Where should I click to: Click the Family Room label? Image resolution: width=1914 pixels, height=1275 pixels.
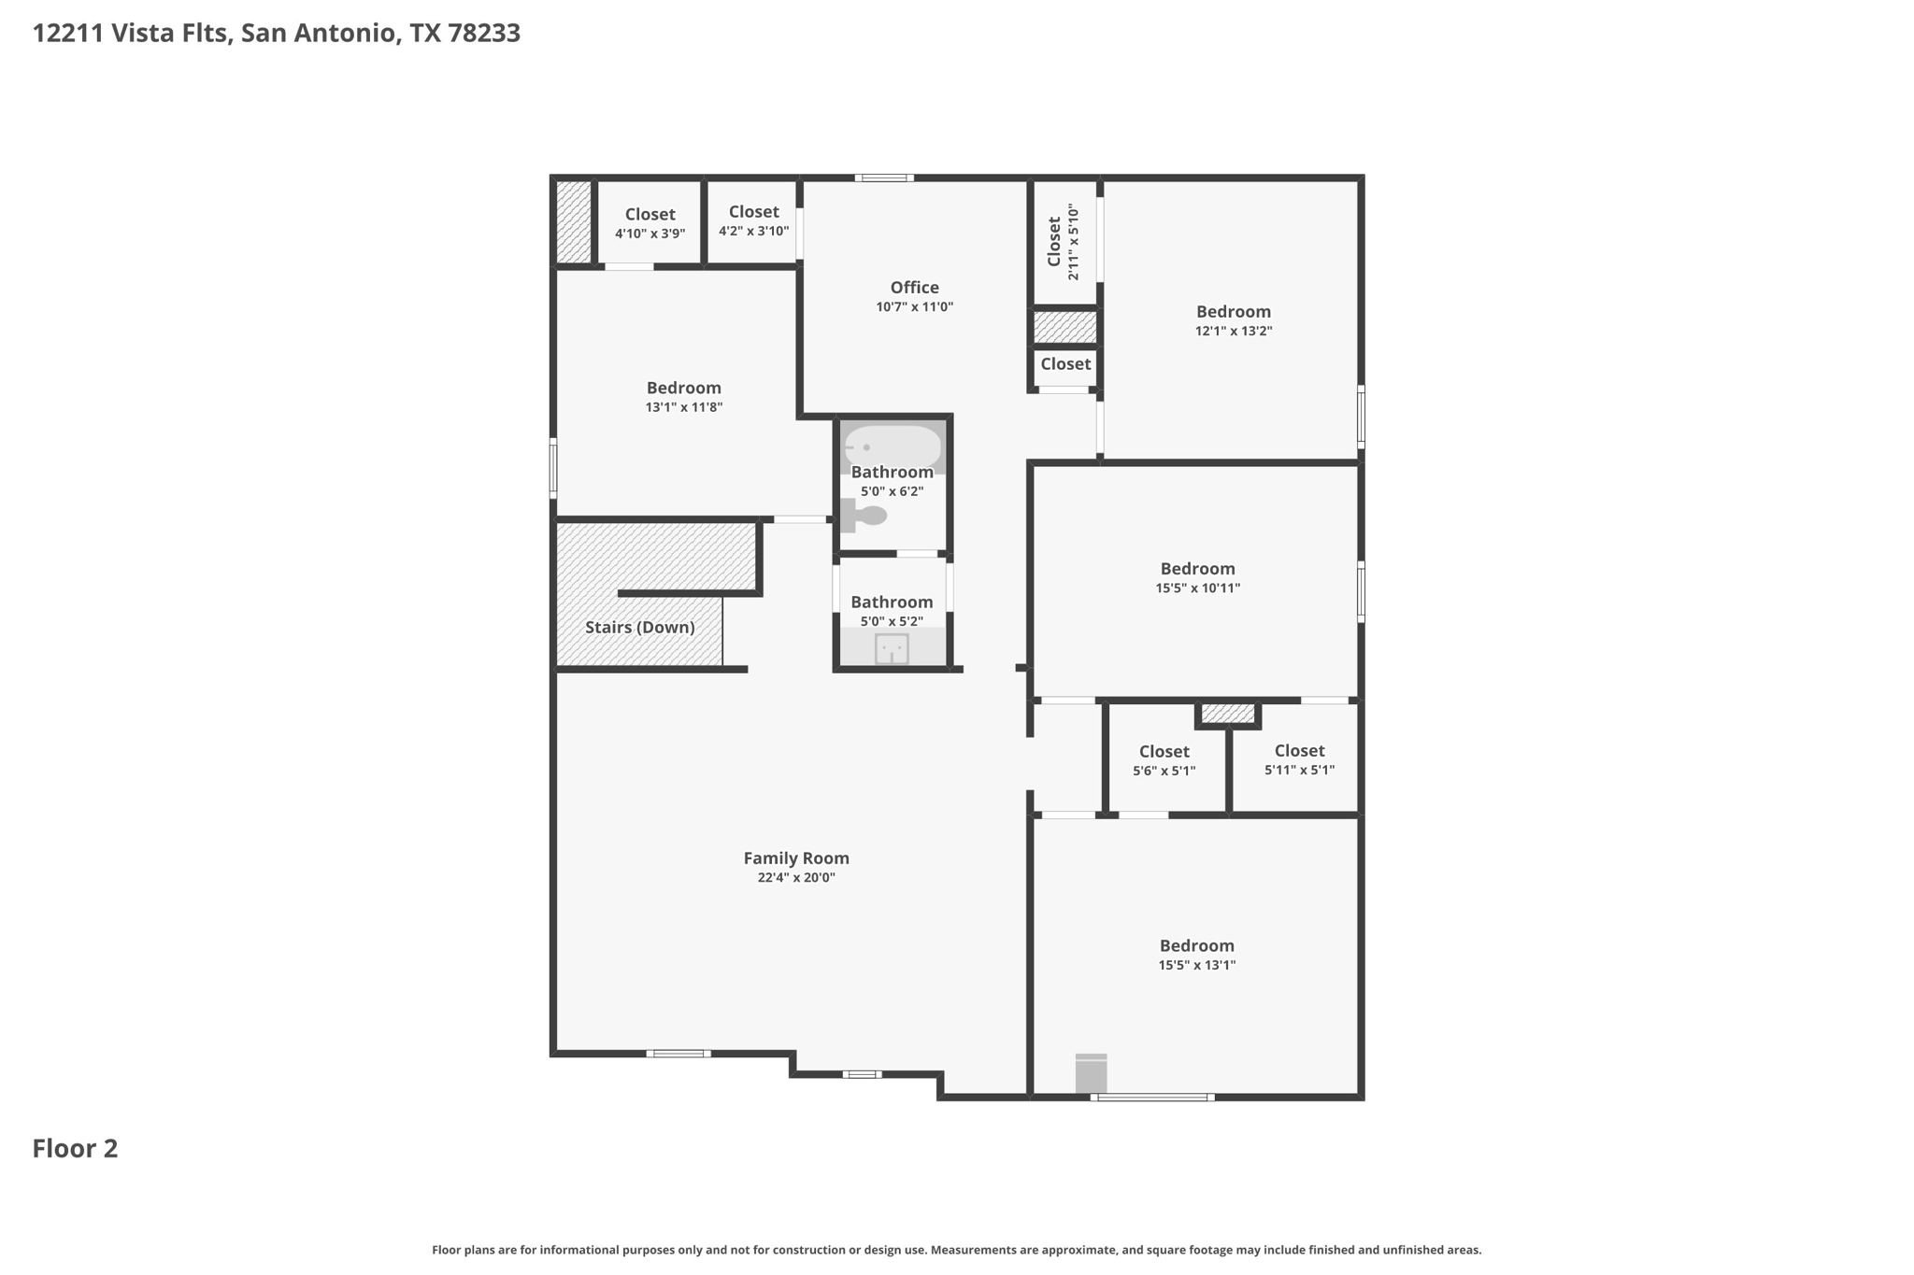pos(796,857)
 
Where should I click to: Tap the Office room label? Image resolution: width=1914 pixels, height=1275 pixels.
pos(914,287)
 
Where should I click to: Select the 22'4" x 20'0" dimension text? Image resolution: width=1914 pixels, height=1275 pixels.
pos(796,878)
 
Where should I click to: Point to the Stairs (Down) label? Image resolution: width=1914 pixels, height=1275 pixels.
pos(640,627)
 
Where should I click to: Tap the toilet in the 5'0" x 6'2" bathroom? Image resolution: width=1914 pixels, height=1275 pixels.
pos(864,515)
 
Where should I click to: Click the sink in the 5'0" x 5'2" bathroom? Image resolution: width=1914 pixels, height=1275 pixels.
pos(892,649)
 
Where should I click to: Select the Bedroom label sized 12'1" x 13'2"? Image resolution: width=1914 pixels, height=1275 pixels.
pos(1234,311)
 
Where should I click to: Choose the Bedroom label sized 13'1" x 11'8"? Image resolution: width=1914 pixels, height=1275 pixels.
pos(684,388)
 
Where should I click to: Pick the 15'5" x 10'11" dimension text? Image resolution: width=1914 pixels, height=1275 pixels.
pos(1198,588)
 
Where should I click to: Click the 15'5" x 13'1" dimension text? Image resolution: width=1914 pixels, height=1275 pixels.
pos(1197,966)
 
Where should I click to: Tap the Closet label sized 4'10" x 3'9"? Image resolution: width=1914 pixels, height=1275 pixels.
pos(650,214)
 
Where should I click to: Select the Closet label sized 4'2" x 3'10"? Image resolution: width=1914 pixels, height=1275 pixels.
pos(754,212)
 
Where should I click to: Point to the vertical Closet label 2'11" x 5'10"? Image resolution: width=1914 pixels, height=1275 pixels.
pos(1054,241)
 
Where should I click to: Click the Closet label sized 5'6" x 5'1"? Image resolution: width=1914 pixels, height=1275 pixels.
pos(1164,751)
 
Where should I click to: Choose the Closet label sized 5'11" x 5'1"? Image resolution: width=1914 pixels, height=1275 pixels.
pos(1299,750)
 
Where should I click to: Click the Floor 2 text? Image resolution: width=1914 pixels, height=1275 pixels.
pos(76,1148)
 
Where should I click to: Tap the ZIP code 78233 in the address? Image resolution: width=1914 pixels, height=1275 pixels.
pos(484,34)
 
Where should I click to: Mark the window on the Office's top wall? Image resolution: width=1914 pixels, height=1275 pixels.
pos(884,177)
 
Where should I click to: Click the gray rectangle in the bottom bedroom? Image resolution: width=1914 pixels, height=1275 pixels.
pos(1091,1073)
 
